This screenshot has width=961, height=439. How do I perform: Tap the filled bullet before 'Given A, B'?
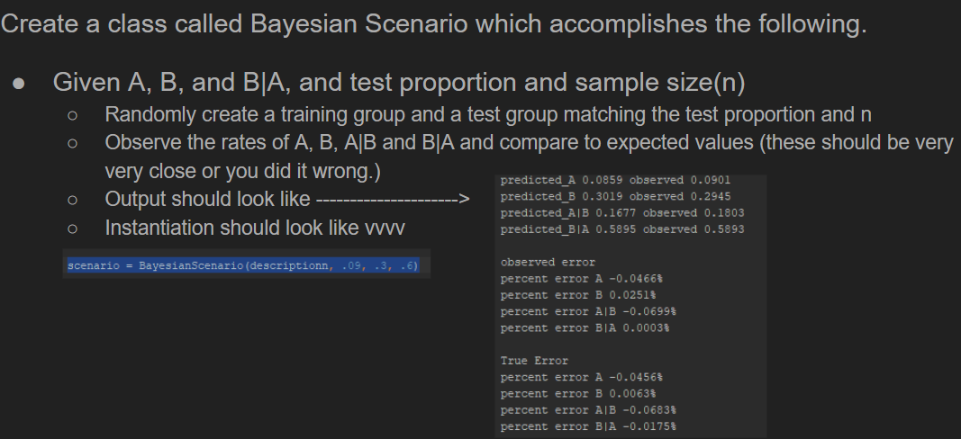pyautogui.click(x=20, y=84)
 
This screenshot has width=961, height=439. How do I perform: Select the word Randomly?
pyautogui.click(x=147, y=115)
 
